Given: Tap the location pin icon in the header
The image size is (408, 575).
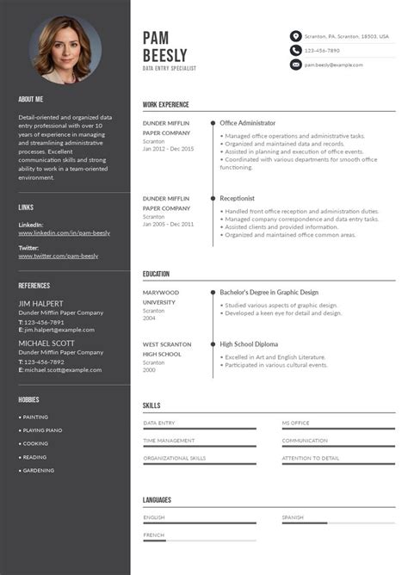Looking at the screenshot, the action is click(x=296, y=36).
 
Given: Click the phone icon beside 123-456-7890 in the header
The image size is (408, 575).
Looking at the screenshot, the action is click(x=296, y=51).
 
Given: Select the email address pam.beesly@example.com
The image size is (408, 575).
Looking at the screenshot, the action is click(x=333, y=65).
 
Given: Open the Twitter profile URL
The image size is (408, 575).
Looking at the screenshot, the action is click(x=58, y=256).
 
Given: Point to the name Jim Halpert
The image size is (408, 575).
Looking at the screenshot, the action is click(x=42, y=303).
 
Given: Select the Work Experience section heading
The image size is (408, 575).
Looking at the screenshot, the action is click(x=165, y=105).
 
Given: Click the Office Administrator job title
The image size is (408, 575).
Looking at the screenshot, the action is click(x=248, y=123).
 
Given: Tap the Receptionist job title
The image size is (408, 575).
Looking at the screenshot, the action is click(x=238, y=198).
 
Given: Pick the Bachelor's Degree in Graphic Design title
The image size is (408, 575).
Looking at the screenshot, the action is click(x=269, y=292).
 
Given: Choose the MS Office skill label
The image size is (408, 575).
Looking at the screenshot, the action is click(x=296, y=423).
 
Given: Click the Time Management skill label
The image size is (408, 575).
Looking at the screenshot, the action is click(x=169, y=440).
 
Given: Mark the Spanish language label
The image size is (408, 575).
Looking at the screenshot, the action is click(x=293, y=517).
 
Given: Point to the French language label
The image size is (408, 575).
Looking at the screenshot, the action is click(x=154, y=535).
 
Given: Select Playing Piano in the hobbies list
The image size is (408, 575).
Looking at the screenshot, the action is click(x=42, y=430).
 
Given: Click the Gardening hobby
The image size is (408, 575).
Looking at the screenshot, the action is click(x=39, y=471).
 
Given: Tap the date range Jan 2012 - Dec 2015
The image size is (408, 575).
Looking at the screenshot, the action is click(x=169, y=149).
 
